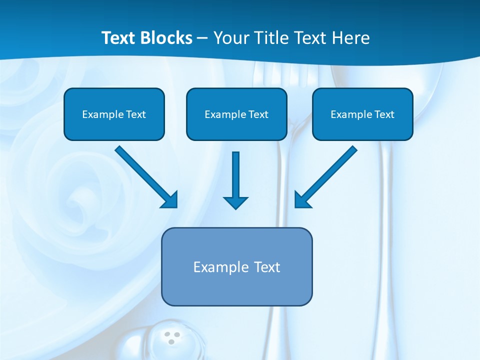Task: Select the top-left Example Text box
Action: coord(114,114)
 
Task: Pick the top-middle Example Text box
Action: coord(236,114)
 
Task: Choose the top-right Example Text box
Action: coord(362,114)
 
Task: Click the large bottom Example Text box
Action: coord(237,266)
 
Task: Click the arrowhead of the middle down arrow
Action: coord(235,202)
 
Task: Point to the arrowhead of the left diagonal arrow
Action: coord(170,200)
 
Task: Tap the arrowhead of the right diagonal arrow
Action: coord(301,200)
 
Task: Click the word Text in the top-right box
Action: coord(384,114)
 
